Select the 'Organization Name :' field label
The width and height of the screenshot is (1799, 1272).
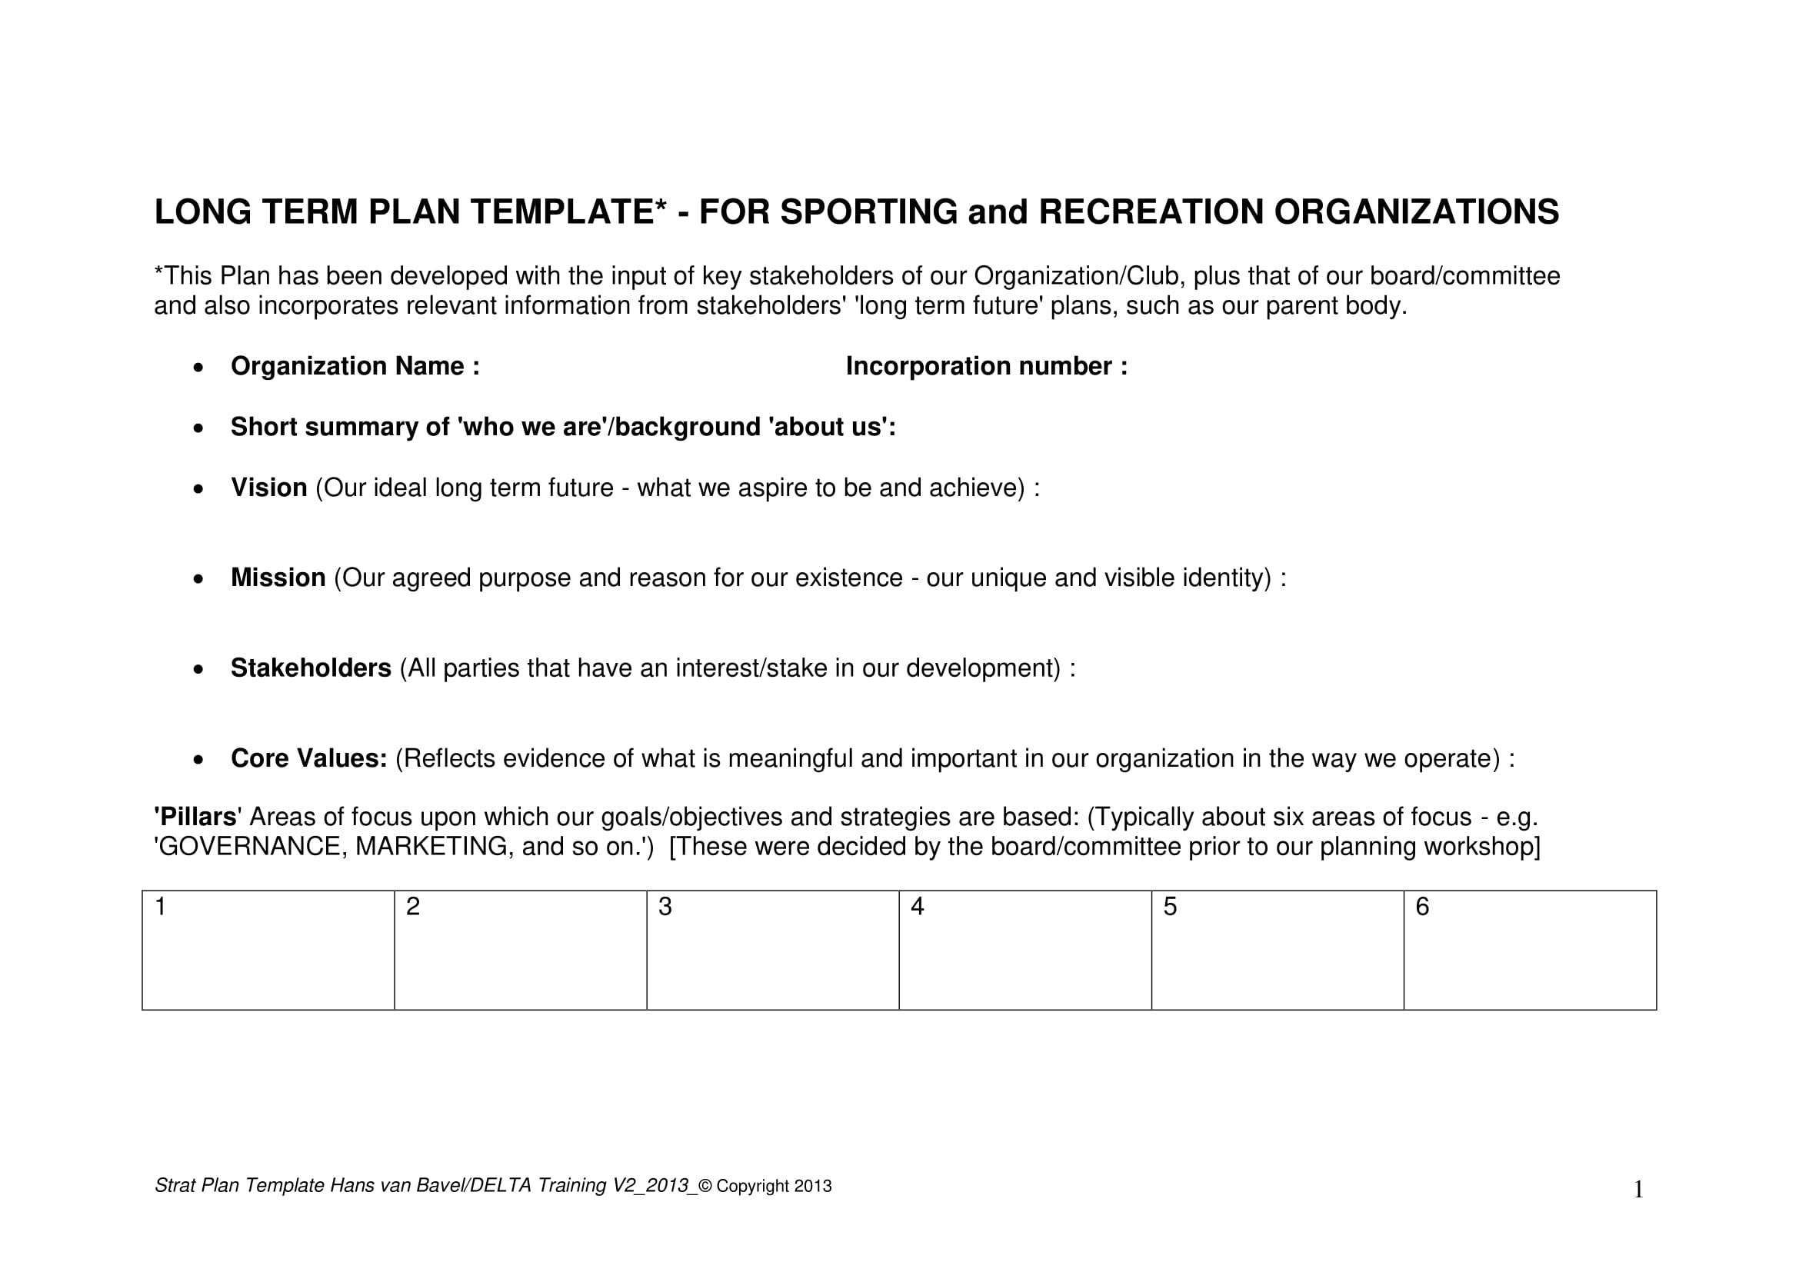[x=355, y=367]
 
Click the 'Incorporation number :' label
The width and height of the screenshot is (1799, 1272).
[x=987, y=367]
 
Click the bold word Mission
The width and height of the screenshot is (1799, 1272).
[x=278, y=578]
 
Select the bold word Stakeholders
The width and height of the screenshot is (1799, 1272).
[x=311, y=668]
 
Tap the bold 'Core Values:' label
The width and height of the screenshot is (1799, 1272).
[x=308, y=758]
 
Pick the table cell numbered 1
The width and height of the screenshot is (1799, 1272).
[x=268, y=950]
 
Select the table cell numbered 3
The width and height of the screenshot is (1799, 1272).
[x=772, y=950]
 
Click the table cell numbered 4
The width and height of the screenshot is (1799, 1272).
[x=1024, y=950]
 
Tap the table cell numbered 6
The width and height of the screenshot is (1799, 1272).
[x=1530, y=950]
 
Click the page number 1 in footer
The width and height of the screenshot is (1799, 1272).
[x=1638, y=1190]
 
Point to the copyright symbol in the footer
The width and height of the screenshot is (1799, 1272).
[x=705, y=1187]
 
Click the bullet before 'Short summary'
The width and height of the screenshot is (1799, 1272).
[x=199, y=428]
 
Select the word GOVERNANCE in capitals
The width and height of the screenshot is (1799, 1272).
[x=251, y=847]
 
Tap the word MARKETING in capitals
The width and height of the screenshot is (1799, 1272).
[x=431, y=847]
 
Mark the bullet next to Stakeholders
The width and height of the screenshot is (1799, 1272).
[x=199, y=670]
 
